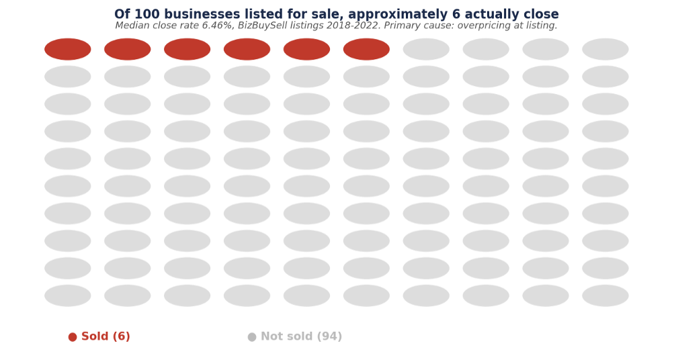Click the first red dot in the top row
pyautogui.click(x=68, y=49)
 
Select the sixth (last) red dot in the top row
pyautogui.click(x=366, y=49)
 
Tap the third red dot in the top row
pyautogui.click(x=187, y=49)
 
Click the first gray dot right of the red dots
pyautogui.click(x=426, y=49)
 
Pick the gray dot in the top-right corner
pyautogui.click(x=605, y=49)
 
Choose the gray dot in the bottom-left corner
pyautogui.click(x=68, y=296)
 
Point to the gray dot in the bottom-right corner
pyautogui.click(x=605, y=296)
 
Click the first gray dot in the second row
pyautogui.click(x=68, y=77)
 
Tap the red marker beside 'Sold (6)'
pyautogui.click(x=73, y=337)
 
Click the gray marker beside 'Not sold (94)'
pyautogui.click(x=252, y=337)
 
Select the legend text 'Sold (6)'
pyautogui.click(x=106, y=336)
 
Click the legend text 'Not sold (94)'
pyautogui.click(x=301, y=336)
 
